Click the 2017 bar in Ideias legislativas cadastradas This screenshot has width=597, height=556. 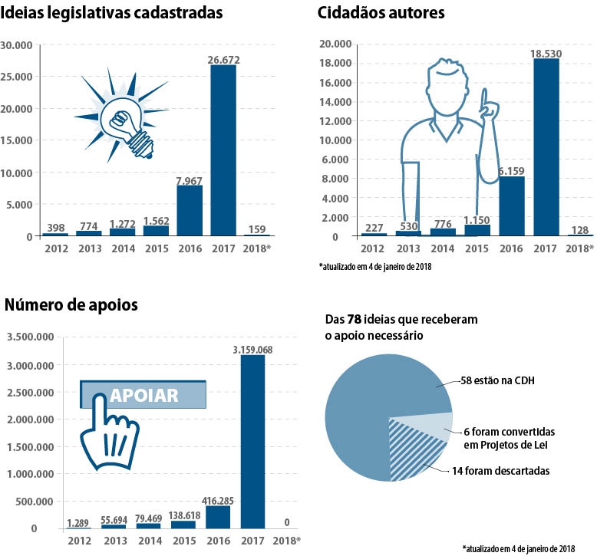223,150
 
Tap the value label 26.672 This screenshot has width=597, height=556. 223,58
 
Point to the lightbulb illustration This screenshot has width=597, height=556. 127,117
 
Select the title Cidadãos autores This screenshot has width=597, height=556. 381,13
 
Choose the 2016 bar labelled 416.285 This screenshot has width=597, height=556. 218,517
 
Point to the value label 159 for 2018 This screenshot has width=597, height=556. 257,229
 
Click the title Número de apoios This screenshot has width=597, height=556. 71,304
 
